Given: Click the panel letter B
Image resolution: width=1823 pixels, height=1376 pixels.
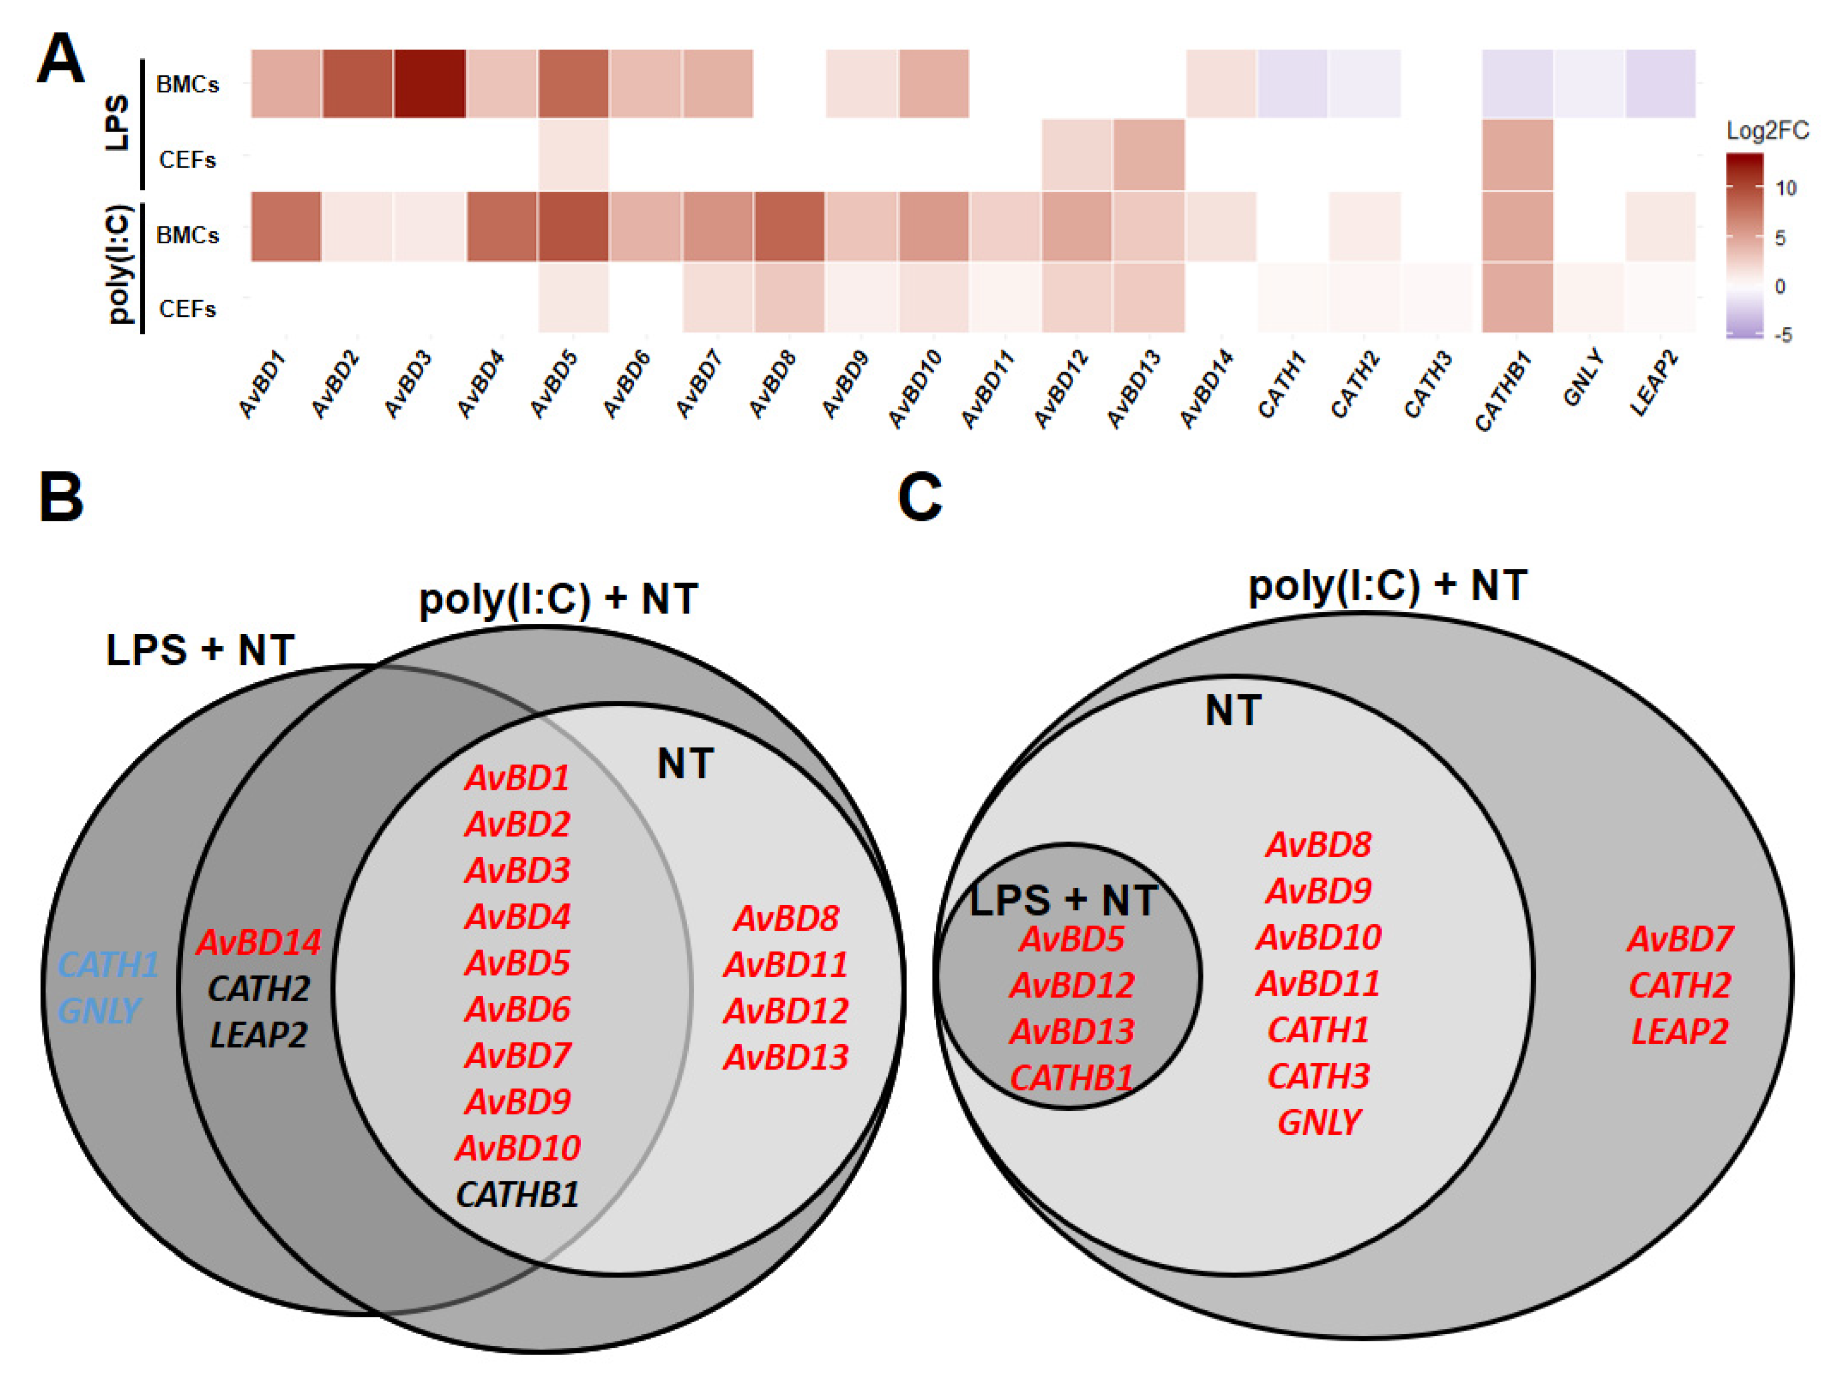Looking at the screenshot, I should [61, 497].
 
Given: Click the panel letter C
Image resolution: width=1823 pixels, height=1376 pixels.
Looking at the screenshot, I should [919, 497].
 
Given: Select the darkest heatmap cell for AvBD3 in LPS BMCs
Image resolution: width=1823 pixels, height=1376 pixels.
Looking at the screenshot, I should [429, 83].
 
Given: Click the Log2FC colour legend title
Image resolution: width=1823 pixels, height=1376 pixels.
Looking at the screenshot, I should [1767, 130].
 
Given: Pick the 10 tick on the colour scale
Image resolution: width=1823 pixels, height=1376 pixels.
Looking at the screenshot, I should [1785, 188].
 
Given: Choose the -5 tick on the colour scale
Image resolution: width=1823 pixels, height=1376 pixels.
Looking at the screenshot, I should [1783, 335].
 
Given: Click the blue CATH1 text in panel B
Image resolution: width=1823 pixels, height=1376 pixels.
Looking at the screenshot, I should [108, 965].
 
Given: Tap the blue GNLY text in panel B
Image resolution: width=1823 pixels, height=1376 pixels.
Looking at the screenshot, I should [99, 1011].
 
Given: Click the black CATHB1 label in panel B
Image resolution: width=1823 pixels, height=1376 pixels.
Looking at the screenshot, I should [518, 1194].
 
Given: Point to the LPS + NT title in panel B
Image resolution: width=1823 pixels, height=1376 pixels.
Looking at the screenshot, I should [201, 650].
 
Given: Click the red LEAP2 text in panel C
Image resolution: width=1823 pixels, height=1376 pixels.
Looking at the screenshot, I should [1679, 1031].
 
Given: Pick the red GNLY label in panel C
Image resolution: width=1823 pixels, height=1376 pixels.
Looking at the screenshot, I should [1319, 1122].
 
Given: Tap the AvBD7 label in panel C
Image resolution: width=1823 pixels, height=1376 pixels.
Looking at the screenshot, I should [1679, 939].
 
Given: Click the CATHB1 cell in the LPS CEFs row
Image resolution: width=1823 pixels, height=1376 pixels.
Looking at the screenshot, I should [1517, 156].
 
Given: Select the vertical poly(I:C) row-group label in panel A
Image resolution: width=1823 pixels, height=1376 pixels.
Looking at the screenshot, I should [120, 264].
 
